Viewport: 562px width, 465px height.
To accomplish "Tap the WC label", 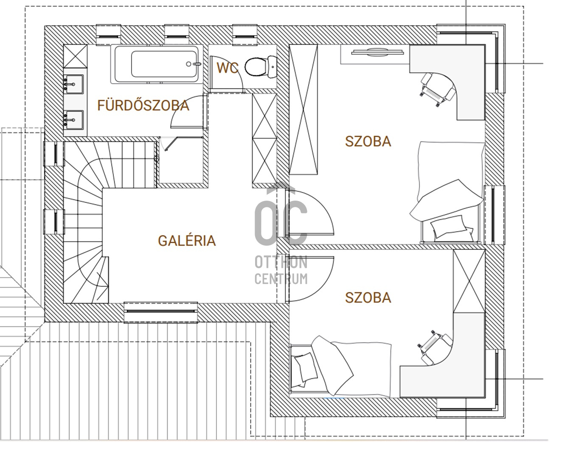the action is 228,68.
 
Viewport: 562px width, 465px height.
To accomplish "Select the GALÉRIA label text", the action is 187,241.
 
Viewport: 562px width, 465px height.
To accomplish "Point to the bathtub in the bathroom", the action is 156,64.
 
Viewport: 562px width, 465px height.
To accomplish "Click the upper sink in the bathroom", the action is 73,85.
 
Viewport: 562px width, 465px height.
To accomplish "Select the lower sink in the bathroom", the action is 73,120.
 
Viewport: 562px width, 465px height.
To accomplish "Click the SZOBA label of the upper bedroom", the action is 368,142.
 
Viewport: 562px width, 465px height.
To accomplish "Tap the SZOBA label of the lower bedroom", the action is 368,298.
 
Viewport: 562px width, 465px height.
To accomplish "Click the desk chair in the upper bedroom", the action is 437,90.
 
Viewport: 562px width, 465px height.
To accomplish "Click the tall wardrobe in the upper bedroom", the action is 303,109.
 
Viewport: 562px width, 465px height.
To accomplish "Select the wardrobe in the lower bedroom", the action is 469,281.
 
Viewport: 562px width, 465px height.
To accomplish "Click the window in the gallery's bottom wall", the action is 161,312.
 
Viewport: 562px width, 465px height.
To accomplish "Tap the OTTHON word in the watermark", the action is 281,263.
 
